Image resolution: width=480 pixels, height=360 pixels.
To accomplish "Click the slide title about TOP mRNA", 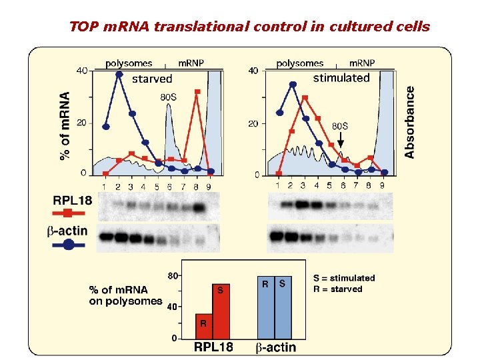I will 250,27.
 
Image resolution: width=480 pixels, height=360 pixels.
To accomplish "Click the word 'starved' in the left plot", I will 152,79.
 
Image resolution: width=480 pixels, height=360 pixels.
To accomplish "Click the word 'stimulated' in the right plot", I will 341,78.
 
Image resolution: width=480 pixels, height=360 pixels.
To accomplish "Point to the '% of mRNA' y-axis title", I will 65,125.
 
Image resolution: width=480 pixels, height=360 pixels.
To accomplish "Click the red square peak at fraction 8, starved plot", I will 197,93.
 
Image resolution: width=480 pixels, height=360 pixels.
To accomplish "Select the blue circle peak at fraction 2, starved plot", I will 119,74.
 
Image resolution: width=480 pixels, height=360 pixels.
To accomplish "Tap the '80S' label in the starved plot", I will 169,97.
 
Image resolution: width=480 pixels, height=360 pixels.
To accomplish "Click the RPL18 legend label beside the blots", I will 71,199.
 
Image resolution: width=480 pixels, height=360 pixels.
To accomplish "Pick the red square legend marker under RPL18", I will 67,213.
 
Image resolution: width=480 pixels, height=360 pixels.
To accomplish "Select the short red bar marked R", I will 204,326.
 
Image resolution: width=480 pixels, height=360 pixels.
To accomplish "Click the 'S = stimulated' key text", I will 344,278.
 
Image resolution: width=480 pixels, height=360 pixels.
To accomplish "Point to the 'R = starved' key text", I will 338,289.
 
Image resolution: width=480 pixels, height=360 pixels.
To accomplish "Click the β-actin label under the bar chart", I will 276,348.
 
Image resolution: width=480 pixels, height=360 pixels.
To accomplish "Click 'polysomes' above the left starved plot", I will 129,63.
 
